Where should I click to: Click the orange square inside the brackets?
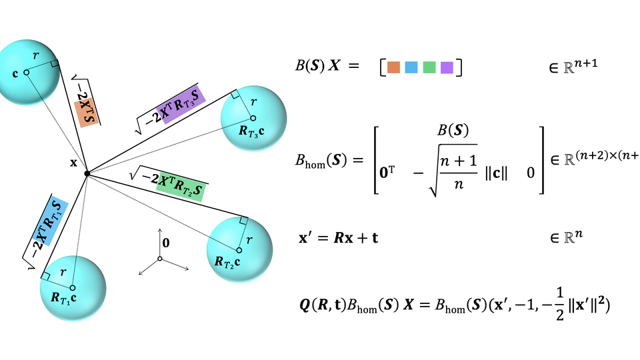click(x=393, y=67)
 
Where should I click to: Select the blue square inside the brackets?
click(x=411, y=67)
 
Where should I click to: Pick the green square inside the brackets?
click(x=429, y=67)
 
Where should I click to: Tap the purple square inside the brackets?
click(x=447, y=67)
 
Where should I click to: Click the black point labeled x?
click(x=87, y=173)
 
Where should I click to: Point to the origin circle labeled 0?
click(x=160, y=259)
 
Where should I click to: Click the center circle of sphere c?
click(x=26, y=72)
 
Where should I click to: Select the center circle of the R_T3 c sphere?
click(x=253, y=119)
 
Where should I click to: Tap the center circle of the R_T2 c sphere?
click(x=239, y=250)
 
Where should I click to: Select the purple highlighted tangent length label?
click(x=181, y=104)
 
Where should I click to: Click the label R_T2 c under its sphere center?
click(x=229, y=262)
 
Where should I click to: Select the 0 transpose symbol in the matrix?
click(x=389, y=172)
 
